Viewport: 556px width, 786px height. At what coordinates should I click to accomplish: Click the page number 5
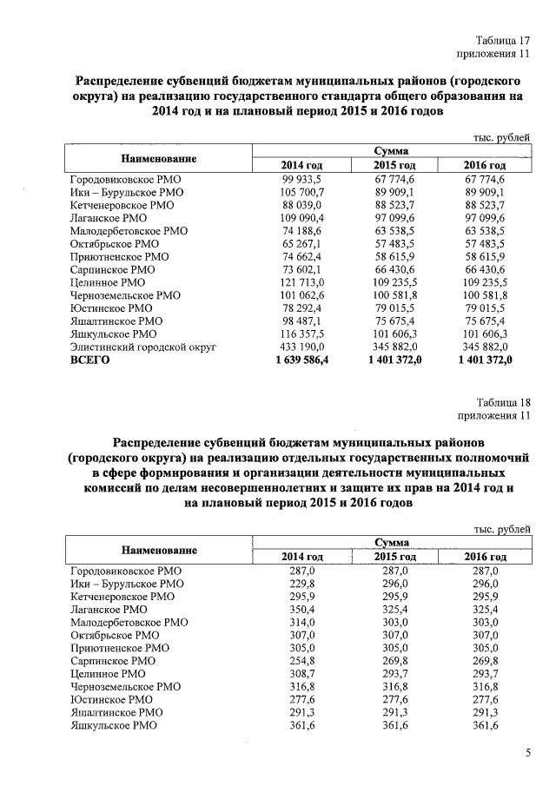click(527, 752)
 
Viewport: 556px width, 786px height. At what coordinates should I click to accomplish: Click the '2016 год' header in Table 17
click(485, 165)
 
